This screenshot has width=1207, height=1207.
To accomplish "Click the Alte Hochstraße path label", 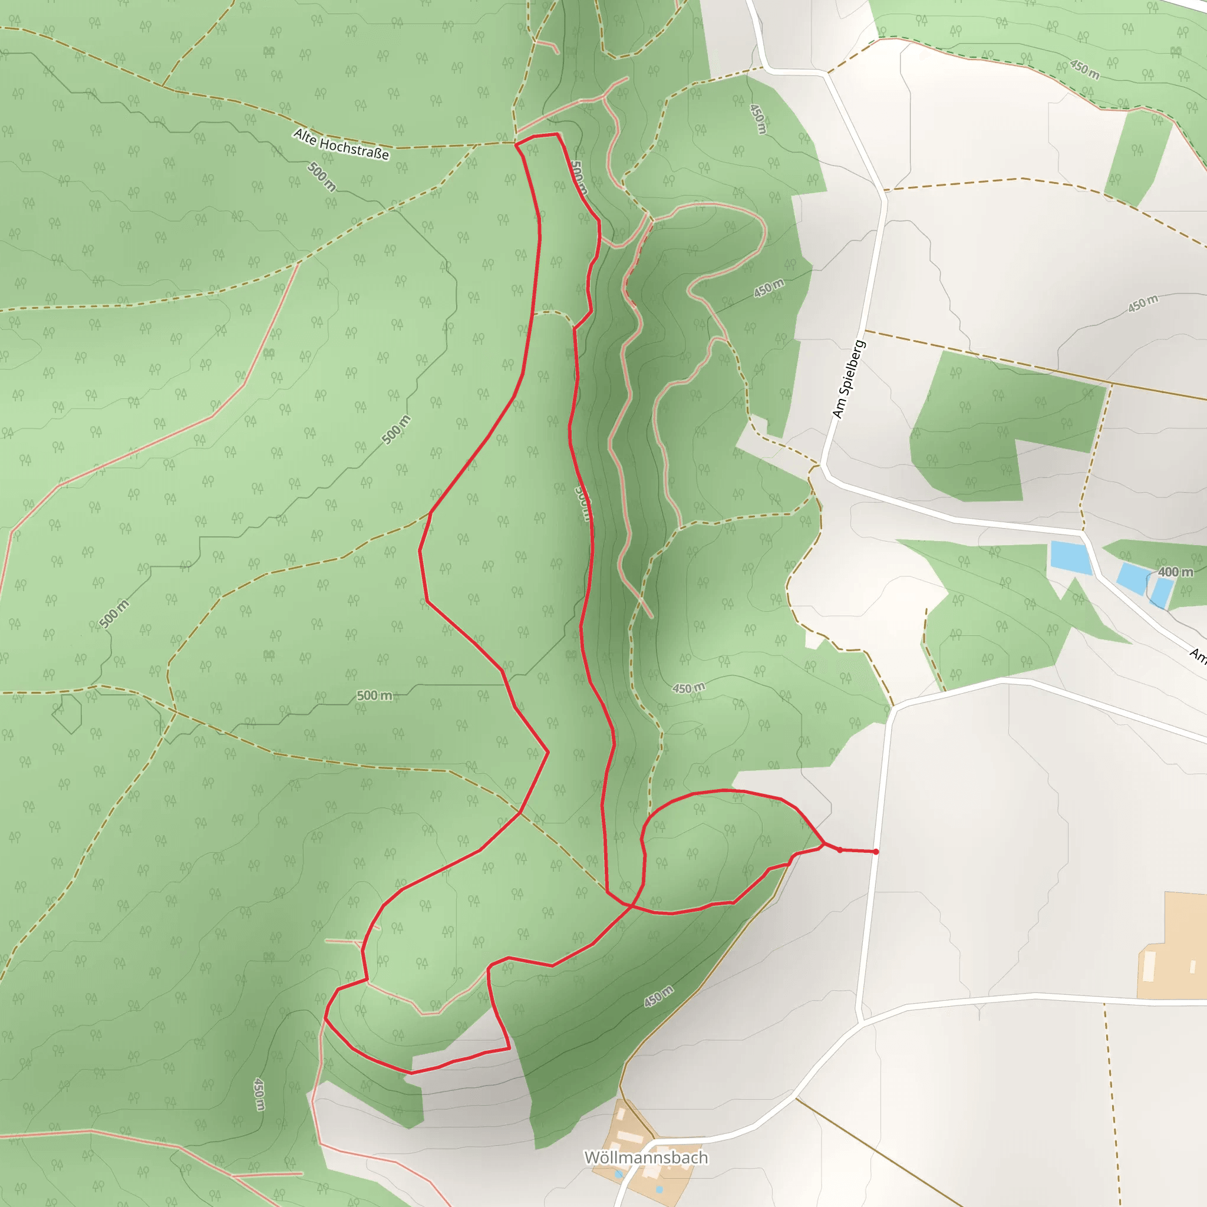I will tap(341, 144).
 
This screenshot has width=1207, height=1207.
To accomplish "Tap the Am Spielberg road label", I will tap(849, 379).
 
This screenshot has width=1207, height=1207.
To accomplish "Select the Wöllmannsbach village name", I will tap(646, 1157).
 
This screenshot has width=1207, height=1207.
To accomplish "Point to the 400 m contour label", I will tap(1175, 572).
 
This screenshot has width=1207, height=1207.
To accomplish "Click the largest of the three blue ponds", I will tap(1070, 558).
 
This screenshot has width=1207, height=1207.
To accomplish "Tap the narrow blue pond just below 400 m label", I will tap(1162, 592).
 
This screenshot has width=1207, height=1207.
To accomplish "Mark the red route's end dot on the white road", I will tap(876, 852).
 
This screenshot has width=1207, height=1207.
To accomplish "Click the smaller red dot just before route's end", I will tap(840, 850).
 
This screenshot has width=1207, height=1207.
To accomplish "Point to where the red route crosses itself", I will tap(632, 905).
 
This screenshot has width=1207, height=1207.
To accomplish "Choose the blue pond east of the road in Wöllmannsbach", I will tap(659, 1189).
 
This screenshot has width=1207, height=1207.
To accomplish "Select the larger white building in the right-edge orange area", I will tap(1149, 967).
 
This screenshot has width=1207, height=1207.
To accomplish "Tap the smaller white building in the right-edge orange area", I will tap(1192, 967).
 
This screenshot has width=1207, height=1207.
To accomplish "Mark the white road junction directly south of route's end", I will tap(861, 1023).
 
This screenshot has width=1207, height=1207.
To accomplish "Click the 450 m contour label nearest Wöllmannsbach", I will tap(659, 996).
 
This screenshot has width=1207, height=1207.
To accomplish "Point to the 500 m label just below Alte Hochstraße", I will tap(322, 177).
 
